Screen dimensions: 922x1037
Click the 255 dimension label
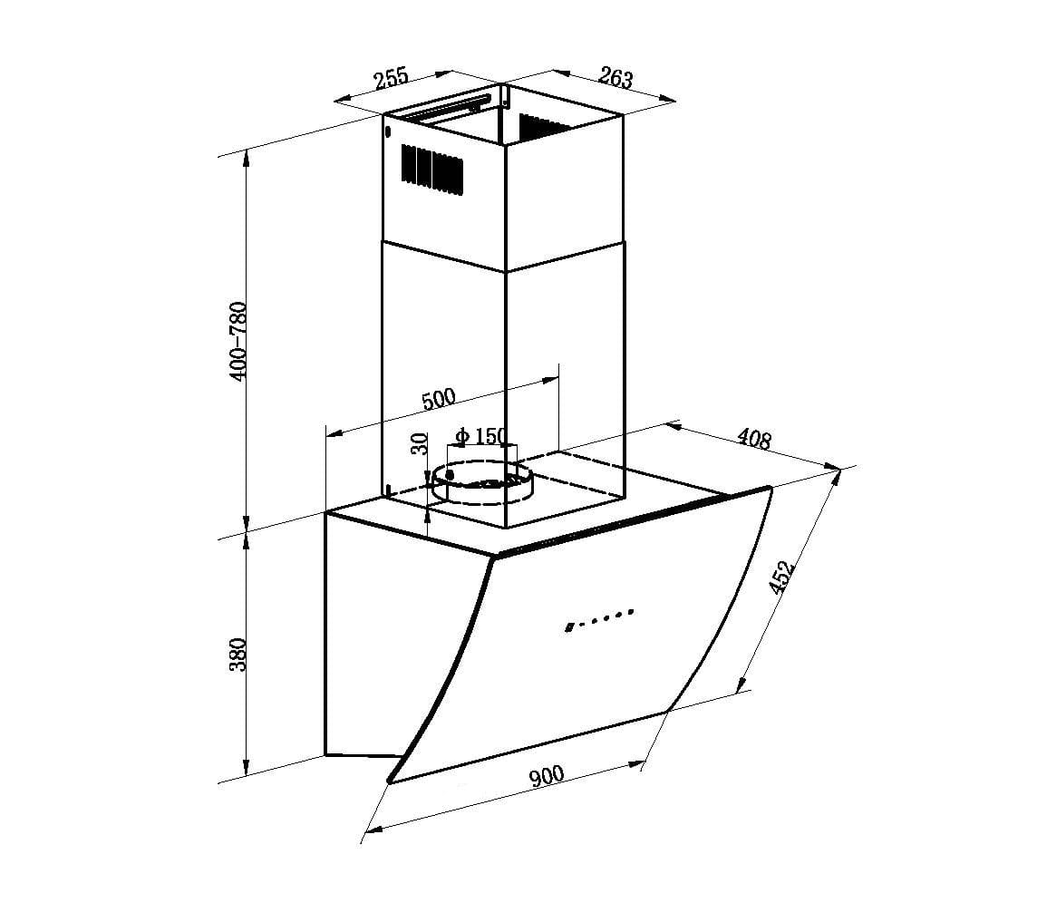392,78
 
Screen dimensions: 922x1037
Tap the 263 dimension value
615,79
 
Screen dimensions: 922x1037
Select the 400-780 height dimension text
238,340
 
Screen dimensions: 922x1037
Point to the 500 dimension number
439,399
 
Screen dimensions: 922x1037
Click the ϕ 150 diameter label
481,436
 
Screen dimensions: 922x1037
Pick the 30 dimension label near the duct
419,443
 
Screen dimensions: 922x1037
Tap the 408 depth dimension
754,439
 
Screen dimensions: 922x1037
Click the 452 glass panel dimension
780,577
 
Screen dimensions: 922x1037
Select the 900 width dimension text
547,776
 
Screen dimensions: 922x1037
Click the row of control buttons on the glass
598,619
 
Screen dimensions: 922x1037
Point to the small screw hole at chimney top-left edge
388,132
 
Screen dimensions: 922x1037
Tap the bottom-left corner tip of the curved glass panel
390,780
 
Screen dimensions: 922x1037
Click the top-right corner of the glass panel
770,489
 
